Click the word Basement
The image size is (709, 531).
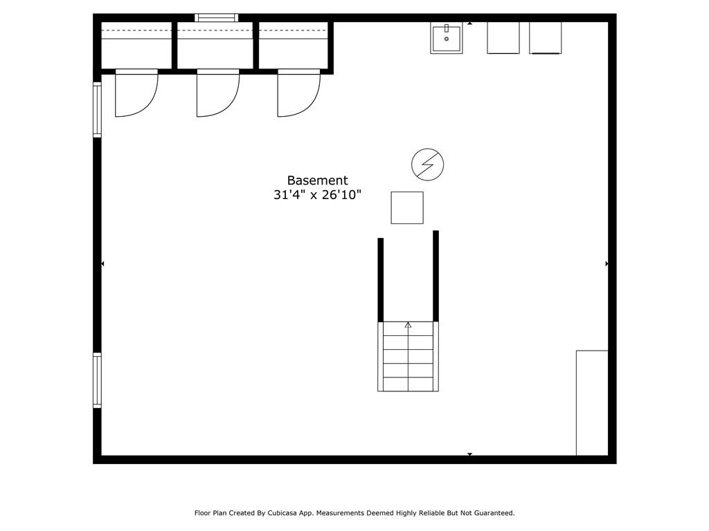coord(317,180)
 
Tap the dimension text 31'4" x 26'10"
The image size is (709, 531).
coord(317,196)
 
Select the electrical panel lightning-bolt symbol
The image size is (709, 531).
coord(427,165)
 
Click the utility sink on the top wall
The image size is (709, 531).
coord(447,37)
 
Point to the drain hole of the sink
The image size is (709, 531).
coord(447,39)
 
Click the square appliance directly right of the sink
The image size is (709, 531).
coord(503,37)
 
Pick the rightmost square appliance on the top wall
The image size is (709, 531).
coord(545,37)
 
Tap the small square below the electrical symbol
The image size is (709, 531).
coord(407,207)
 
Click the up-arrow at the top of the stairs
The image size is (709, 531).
coord(408,325)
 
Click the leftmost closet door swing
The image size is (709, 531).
coord(136,93)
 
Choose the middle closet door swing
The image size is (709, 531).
coord(217,93)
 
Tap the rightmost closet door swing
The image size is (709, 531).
coord(298,93)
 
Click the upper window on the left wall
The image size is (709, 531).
coord(98,109)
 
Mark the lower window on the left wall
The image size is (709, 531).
coord(98,380)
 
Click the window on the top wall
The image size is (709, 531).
coord(216,18)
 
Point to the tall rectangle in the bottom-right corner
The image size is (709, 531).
coord(592,403)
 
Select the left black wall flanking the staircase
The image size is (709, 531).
coord(381,279)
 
